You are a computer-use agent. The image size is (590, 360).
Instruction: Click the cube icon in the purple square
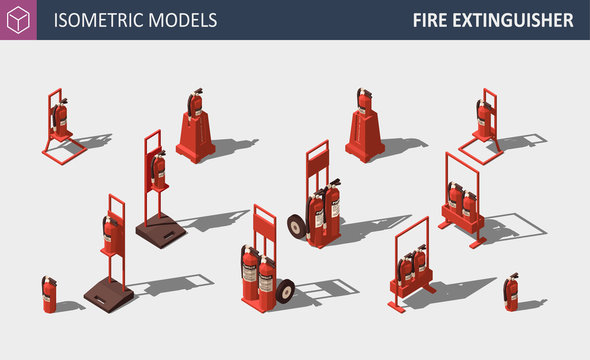tap(18, 20)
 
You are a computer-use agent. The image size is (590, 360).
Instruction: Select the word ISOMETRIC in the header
tap(99, 20)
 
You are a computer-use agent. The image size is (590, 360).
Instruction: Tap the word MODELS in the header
tap(183, 20)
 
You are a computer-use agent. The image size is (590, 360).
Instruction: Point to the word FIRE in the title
tap(430, 20)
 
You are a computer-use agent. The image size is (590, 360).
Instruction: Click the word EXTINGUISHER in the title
tap(513, 20)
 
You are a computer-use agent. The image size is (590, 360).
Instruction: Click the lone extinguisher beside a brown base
tap(49, 294)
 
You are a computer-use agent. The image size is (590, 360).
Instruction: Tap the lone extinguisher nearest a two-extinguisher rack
tap(511, 292)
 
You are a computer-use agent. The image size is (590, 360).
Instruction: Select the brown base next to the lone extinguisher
tap(108, 295)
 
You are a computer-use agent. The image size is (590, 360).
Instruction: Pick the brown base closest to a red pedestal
tap(161, 231)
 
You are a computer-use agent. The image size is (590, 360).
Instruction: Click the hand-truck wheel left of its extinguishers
tap(297, 226)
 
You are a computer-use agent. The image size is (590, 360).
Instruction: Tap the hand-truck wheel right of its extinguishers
tap(285, 291)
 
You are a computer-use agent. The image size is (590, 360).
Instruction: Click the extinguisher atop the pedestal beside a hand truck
tap(364, 101)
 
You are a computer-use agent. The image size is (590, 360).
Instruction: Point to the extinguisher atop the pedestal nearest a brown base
tap(195, 102)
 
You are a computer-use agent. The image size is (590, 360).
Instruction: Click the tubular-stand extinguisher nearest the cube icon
tap(60, 117)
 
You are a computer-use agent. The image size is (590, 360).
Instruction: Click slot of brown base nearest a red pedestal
tap(169, 235)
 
